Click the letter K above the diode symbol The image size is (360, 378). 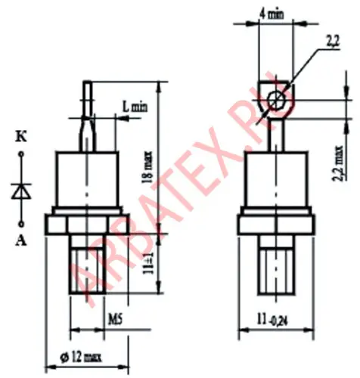point(21,138)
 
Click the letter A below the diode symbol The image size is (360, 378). point(21,241)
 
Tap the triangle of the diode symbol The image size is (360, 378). point(21,191)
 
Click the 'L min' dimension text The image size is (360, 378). point(135,107)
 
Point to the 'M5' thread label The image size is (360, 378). point(115,320)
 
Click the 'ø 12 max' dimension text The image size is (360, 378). point(81,357)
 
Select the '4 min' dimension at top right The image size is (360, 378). point(272,14)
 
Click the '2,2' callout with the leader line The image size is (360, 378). point(333,42)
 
